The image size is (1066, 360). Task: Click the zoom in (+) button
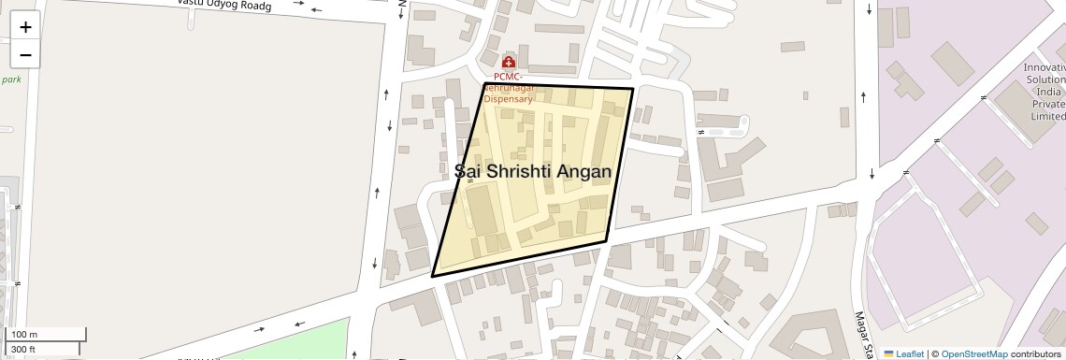click(25, 27)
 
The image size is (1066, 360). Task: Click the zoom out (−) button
click(25, 55)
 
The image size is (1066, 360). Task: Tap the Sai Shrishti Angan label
click(533, 171)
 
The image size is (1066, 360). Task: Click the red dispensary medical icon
click(509, 62)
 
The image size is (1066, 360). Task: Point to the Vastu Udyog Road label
click(223, 5)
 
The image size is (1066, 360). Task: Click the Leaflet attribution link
click(903, 353)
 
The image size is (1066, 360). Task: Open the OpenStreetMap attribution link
click(973, 353)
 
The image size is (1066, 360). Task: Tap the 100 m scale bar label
click(23, 335)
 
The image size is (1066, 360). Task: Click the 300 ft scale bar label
click(23, 349)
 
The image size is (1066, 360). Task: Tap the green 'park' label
click(11, 79)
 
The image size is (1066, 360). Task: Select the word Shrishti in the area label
click(518, 171)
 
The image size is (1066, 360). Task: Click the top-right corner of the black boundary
click(633, 89)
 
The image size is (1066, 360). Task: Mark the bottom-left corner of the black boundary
click(432, 276)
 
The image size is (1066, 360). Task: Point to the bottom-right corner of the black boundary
click(607, 241)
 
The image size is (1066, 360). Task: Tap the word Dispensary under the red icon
click(514, 98)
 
